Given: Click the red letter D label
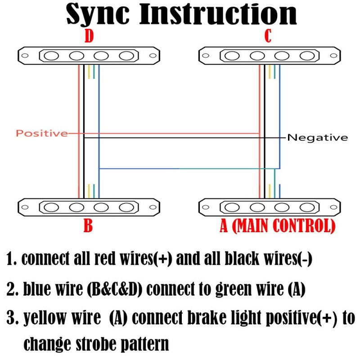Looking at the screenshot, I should click(x=89, y=36).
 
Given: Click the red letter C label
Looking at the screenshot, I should click(x=268, y=36).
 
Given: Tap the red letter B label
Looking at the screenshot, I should click(x=88, y=225).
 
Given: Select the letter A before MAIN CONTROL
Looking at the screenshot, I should click(x=224, y=225).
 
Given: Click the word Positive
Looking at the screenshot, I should click(x=41, y=133).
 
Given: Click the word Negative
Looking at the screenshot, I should click(x=318, y=137).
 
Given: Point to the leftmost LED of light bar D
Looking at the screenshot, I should click(x=52, y=56).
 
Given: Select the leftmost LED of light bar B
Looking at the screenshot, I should click(x=52, y=207).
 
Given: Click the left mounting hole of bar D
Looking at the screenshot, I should click(x=26, y=56).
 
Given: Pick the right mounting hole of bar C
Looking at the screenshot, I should click(x=333, y=56).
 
